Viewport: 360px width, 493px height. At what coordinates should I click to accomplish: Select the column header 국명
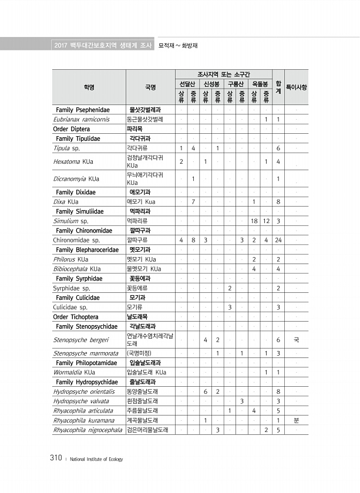pyautogui.click(x=150, y=87)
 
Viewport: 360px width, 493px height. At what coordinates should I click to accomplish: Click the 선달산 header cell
pyautogui.click(x=187, y=84)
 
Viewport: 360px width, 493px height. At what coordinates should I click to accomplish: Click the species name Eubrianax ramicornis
pyautogui.click(x=81, y=119)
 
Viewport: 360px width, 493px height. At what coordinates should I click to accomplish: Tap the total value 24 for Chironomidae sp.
pyautogui.click(x=278, y=240)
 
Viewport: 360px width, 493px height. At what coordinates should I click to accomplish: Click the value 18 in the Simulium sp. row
pyautogui.click(x=254, y=221)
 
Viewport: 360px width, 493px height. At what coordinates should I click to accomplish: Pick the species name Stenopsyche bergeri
pyautogui.click(x=81, y=339)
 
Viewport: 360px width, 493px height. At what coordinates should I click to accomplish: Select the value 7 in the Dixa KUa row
pyautogui.click(x=193, y=202)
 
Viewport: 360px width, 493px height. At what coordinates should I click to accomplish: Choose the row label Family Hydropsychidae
pyautogui.click(x=87, y=381)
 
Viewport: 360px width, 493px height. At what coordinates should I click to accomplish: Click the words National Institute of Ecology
pyautogui.click(x=96, y=459)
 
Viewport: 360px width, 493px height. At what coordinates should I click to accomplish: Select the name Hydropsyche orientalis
pyautogui.click(x=84, y=391)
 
